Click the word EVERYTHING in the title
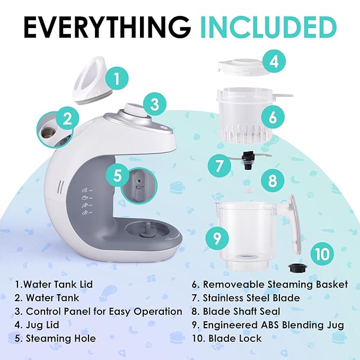coord(107,27)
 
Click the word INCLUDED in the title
coord(268,27)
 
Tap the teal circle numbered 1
coord(117,78)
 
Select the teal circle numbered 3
coord(155,104)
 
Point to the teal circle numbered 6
coord(273,117)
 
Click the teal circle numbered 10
coord(322,254)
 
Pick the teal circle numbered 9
coord(217,238)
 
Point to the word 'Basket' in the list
coord(332,284)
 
